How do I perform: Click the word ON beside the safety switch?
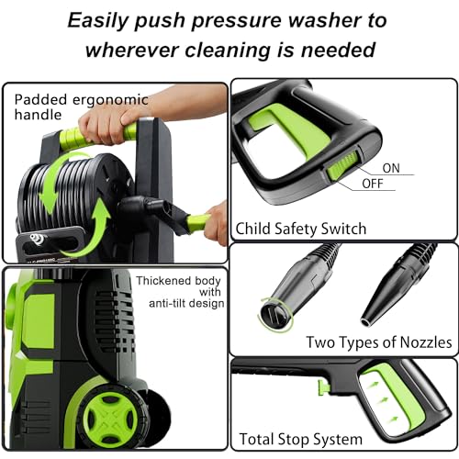(x=391, y=168)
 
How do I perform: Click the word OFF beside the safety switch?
(x=373, y=184)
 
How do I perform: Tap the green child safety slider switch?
(x=342, y=165)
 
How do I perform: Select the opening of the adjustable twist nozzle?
(x=274, y=316)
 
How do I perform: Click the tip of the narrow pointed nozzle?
(x=366, y=322)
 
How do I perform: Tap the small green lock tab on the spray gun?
(x=323, y=387)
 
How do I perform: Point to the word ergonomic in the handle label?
(x=110, y=101)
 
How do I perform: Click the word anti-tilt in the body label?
(x=165, y=303)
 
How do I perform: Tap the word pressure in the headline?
(x=236, y=21)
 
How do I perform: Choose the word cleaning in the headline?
(x=228, y=50)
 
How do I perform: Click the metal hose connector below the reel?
(x=38, y=239)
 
